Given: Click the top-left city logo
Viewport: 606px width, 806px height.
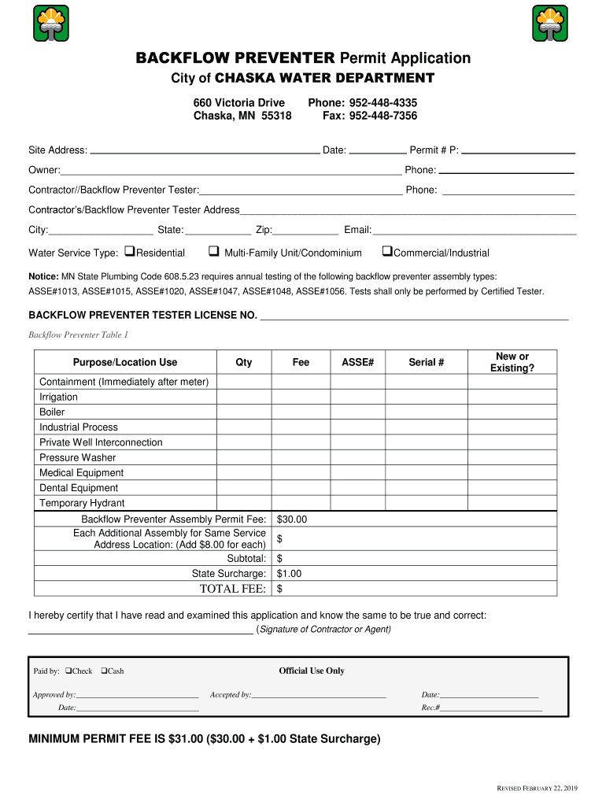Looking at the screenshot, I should click(x=50, y=23).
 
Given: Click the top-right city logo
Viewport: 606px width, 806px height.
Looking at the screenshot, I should click(x=549, y=23).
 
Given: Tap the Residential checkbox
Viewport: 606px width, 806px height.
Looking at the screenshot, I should click(x=130, y=252).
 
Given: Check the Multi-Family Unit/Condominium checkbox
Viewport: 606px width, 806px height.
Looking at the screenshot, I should click(x=213, y=252).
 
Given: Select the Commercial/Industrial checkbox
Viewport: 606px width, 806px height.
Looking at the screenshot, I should click(x=386, y=252).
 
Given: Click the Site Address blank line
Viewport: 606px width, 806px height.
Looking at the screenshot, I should click(x=205, y=150).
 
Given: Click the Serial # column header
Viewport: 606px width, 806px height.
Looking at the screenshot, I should click(x=426, y=362).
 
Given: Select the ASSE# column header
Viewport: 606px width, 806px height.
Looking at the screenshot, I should click(x=357, y=362).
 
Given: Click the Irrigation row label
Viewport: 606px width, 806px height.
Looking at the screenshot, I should click(x=59, y=397).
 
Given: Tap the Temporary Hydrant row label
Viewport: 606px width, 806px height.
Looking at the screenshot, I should click(x=82, y=503).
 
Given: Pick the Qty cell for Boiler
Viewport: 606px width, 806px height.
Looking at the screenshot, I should click(x=243, y=412).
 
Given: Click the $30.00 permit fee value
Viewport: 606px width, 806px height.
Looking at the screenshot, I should click(x=292, y=519).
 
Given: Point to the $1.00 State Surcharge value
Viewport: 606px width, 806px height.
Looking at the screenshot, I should click(x=289, y=574).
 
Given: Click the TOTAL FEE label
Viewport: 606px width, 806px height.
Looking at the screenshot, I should click(x=232, y=589).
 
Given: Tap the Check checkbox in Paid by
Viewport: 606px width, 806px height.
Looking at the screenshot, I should click(x=68, y=671).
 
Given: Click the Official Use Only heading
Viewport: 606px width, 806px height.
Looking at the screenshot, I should click(x=312, y=671).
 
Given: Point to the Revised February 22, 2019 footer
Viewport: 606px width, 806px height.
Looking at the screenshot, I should click(x=535, y=788).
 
